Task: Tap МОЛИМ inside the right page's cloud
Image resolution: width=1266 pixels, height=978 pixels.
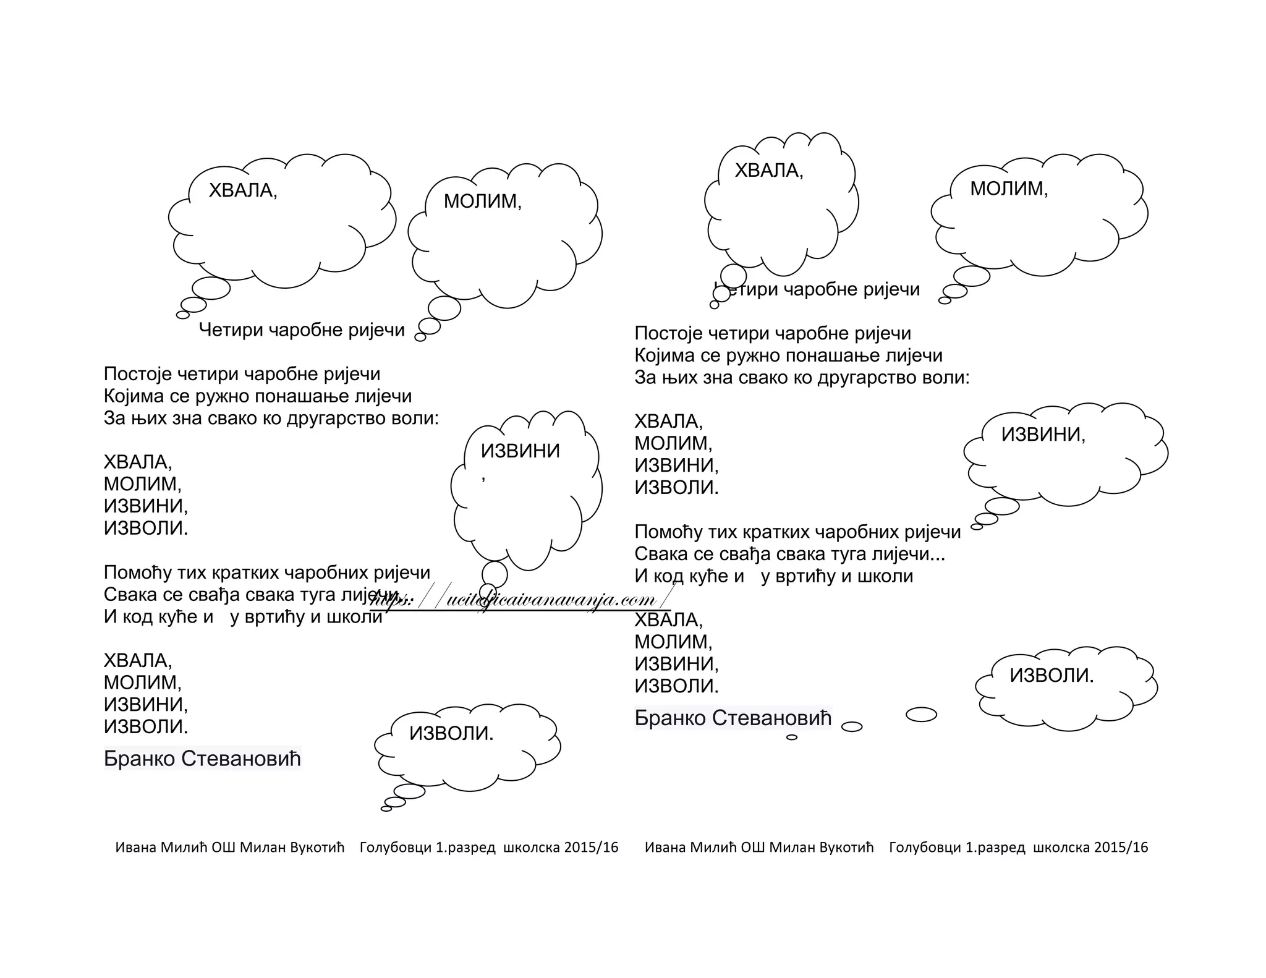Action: pyautogui.click(x=1008, y=188)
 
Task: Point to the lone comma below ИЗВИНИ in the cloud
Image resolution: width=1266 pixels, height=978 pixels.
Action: pyautogui.click(x=483, y=477)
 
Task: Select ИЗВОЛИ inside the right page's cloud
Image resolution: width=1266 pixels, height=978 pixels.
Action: pyautogui.click(x=1051, y=675)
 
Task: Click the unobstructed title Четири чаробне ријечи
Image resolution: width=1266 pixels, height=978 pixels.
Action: pyautogui.click(x=302, y=330)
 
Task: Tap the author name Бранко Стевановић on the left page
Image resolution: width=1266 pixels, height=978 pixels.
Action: pyautogui.click(x=202, y=759)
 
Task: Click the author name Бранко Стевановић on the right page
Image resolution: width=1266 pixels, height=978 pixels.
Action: pyautogui.click(x=733, y=718)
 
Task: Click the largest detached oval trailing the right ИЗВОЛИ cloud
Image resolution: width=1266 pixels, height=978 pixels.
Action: pyautogui.click(x=921, y=714)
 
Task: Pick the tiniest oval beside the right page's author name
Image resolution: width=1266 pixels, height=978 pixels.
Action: pyautogui.click(x=791, y=737)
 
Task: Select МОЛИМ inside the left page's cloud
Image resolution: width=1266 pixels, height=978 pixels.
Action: pyautogui.click(x=482, y=201)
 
